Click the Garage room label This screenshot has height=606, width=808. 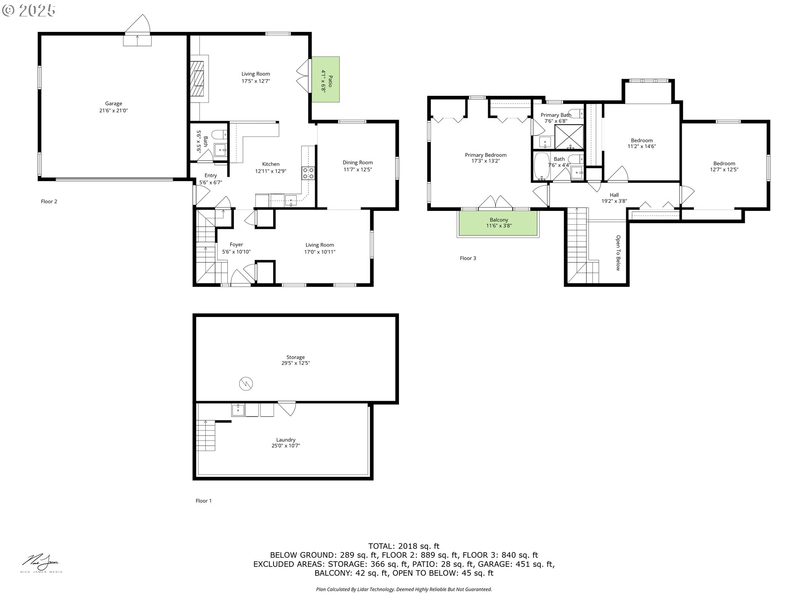click(114, 104)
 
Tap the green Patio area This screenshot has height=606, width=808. click(325, 79)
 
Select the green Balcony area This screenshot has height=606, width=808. click(498, 223)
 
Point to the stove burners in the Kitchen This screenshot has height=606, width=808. click(308, 173)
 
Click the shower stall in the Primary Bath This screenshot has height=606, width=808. click(569, 137)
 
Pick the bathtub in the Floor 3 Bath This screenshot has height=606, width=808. click(540, 166)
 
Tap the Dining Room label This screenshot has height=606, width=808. click(358, 162)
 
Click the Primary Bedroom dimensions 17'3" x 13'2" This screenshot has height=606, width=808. click(486, 161)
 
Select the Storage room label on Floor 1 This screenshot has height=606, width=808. click(295, 357)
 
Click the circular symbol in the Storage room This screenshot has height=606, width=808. click(246, 383)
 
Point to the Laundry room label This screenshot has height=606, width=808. click(286, 440)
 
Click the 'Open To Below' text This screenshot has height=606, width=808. click(618, 253)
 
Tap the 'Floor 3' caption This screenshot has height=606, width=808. click(468, 258)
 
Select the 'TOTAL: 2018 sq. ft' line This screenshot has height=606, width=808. click(404, 546)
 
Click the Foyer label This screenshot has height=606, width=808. click(237, 245)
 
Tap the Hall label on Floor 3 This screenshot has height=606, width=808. click(614, 195)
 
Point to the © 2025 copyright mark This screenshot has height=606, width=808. click(29, 11)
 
